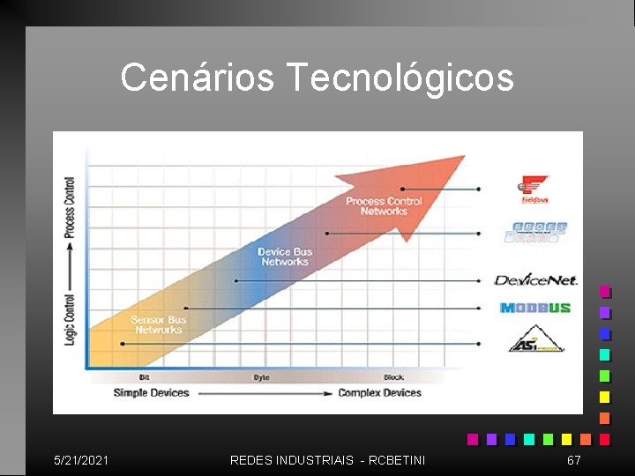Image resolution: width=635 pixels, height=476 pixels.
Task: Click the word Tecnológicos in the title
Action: pyautogui.click(x=400, y=78)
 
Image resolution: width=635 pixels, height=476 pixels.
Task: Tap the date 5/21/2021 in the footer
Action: pyautogui.click(x=81, y=460)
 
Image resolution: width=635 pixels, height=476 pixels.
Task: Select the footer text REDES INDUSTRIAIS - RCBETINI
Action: pyautogui.click(x=327, y=460)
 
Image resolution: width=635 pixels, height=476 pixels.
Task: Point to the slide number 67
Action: pyautogui.click(x=573, y=460)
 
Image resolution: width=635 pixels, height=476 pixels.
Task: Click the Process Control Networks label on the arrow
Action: pyautogui.click(x=384, y=206)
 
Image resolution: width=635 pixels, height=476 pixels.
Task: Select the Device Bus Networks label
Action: pyautogui.click(x=285, y=257)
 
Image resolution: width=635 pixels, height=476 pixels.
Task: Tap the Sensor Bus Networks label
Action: pyautogui.click(x=159, y=324)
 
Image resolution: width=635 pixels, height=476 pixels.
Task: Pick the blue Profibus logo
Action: pyautogui.click(x=536, y=232)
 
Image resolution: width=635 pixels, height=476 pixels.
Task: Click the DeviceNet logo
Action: pyautogui.click(x=535, y=280)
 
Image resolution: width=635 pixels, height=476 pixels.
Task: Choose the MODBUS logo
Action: pyautogui.click(x=534, y=308)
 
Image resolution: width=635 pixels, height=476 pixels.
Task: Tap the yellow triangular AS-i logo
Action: pyautogui.click(x=534, y=339)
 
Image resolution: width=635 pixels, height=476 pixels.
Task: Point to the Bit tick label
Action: pyautogui.click(x=144, y=377)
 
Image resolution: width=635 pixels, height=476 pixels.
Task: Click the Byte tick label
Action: pyautogui.click(x=261, y=377)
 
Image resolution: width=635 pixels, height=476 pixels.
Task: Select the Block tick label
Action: pyautogui.click(x=393, y=377)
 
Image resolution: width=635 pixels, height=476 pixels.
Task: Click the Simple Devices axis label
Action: pyautogui.click(x=151, y=393)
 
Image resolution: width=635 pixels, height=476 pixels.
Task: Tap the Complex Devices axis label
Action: pyautogui.click(x=379, y=393)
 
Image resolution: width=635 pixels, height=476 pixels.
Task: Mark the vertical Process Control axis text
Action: pyautogui.click(x=71, y=208)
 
